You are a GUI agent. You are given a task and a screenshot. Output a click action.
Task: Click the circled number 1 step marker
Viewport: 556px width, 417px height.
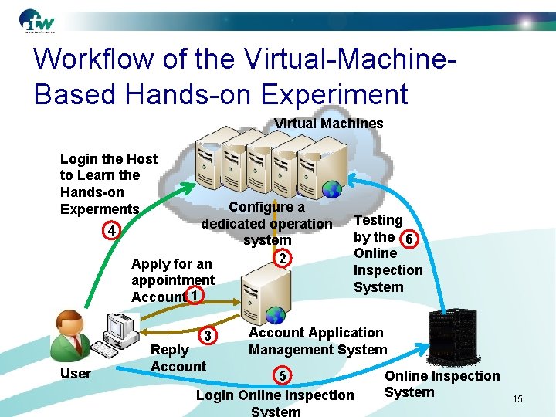[195, 296]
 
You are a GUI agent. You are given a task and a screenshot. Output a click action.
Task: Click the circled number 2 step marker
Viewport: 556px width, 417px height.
[283, 257]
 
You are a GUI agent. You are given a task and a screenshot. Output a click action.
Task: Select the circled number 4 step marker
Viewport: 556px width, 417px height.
[112, 231]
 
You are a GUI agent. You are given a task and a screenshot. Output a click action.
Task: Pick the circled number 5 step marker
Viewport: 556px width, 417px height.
[283, 376]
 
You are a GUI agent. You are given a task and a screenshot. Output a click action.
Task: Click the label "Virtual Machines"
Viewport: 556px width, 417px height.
[329, 124]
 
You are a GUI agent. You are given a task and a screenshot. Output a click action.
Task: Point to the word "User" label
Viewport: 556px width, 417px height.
[75, 374]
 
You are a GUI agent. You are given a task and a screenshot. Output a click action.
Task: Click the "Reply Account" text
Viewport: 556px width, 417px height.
[178, 358]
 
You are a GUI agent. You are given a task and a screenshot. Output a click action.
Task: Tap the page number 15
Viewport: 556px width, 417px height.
[517, 398]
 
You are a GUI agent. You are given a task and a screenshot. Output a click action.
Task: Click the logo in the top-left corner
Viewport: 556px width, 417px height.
[39, 22]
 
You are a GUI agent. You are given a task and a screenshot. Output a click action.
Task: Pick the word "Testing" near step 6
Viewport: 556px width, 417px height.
[378, 220]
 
